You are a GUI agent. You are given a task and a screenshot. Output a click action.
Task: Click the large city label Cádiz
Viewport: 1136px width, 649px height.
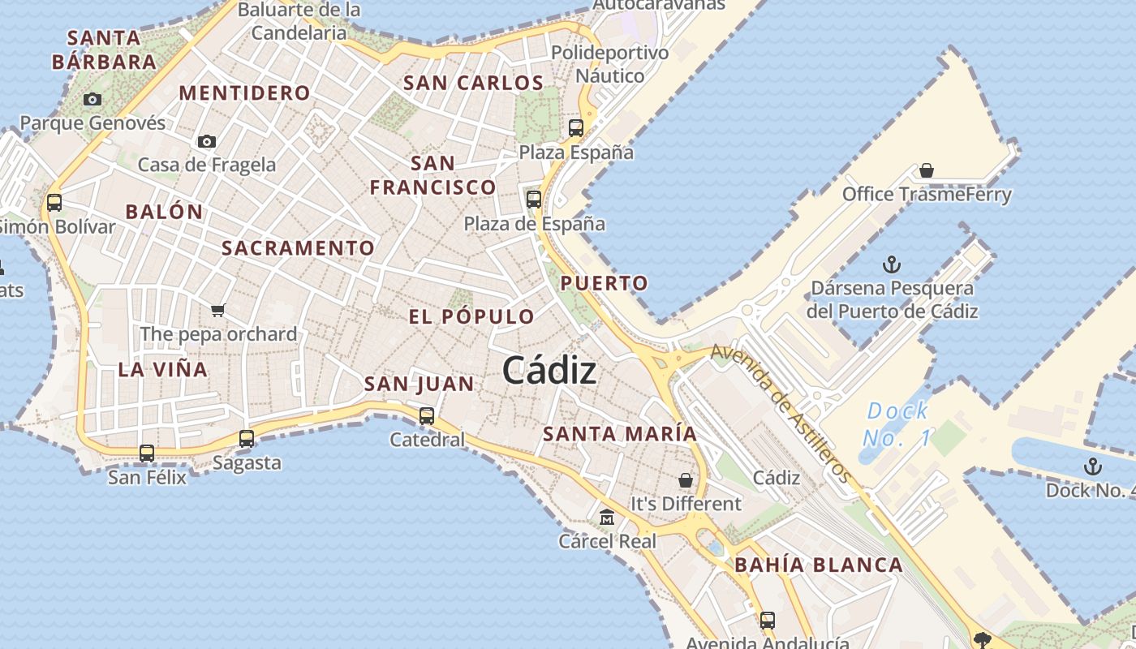coord(549,371)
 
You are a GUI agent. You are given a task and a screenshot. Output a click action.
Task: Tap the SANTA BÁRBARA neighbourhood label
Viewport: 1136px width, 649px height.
coord(104,49)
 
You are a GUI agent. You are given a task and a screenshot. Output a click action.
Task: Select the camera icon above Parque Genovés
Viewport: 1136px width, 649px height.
coord(93,99)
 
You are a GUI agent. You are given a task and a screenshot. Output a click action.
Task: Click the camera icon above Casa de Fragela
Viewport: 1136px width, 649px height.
coord(207,141)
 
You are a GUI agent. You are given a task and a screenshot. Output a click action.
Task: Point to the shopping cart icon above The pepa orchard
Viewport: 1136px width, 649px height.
coord(217,310)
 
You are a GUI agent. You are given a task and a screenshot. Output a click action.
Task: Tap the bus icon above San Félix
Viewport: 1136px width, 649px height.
coord(147,453)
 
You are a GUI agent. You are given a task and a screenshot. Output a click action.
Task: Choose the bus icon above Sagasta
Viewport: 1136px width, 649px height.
coord(247,439)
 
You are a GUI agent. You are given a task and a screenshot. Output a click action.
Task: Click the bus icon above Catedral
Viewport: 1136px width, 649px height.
coord(427,416)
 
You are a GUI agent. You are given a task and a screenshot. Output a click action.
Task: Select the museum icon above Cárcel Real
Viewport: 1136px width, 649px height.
coord(606,517)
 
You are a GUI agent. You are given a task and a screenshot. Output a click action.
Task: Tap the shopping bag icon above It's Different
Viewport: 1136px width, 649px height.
coord(686,479)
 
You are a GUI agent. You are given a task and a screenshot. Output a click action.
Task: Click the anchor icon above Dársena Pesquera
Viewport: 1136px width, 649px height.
coord(892,264)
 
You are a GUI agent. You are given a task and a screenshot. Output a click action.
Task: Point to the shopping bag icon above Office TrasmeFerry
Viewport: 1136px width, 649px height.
coord(927,170)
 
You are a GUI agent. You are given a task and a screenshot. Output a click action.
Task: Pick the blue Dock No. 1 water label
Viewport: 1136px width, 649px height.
coord(897,424)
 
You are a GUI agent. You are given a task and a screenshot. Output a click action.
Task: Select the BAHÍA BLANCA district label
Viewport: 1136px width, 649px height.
coord(818,565)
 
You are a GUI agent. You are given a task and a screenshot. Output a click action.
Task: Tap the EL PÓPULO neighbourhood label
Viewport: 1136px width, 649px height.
coord(471,317)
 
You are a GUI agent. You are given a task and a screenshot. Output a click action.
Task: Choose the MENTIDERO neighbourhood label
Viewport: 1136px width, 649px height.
coord(244,93)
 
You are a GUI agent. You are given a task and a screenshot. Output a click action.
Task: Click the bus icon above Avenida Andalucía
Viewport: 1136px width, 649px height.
coord(768,620)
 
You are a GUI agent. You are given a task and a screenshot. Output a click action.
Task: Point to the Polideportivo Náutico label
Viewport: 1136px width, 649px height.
coord(609,64)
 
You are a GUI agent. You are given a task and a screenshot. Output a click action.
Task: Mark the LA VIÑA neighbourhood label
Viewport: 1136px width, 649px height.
coord(163,370)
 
